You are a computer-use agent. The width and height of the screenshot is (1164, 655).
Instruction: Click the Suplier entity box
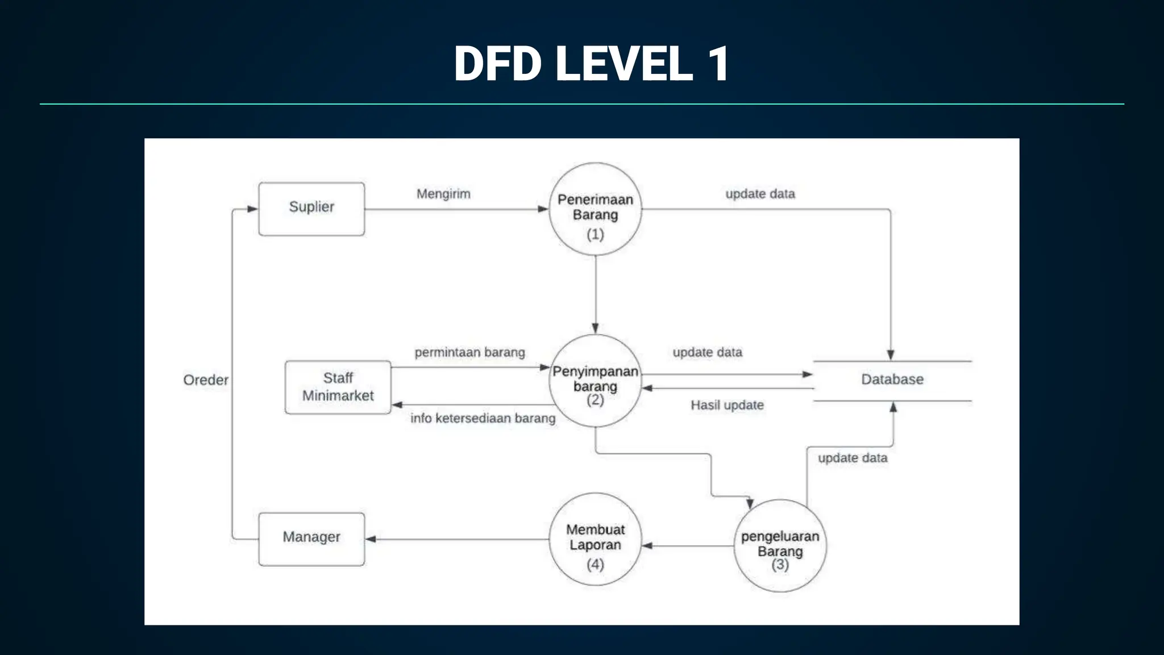pyautogui.click(x=311, y=209)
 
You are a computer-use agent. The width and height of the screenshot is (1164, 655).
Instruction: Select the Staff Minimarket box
pyautogui.click(x=338, y=387)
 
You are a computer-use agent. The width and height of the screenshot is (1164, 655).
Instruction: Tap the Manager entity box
pyautogui.click(x=311, y=538)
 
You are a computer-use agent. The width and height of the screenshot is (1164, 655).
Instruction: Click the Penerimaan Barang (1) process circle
pyautogui.click(x=595, y=209)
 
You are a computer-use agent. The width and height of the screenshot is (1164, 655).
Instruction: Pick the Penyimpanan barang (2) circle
pyautogui.click(x=595, y=381)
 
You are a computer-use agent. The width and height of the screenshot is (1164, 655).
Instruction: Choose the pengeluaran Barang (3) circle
pyautogui.click(x=780, y=546)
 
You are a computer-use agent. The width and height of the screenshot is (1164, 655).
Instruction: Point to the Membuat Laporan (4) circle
pyautogui.click(x=595, y=539)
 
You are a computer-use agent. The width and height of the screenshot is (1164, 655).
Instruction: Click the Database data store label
pyautogui.click(x=892, y=379)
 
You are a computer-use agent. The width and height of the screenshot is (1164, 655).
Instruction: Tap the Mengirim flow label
pyautogui.click(x=443, y=194)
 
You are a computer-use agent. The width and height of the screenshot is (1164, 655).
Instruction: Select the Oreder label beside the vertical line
pyautogui.click(x=206, y=380)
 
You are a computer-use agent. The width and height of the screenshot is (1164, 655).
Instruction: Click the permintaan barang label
pyautogui.click(x=469, y=353)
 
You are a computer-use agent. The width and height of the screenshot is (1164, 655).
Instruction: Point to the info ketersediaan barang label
pyautogui.click(x=483, y=418)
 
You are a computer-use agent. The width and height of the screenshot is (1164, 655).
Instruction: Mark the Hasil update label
pyautogui.click(x=727, y=405)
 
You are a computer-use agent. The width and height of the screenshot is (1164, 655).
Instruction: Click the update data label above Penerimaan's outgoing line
pyautogui.click(x=760, y=194)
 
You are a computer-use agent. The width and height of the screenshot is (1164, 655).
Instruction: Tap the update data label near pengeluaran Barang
pyautogui.click(x=853, y=458)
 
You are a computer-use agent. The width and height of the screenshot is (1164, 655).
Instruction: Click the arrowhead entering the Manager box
pyautogui.click(x=371, y=539)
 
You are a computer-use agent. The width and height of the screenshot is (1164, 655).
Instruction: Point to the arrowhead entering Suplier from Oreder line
pyautogui.click(x=252, y=209)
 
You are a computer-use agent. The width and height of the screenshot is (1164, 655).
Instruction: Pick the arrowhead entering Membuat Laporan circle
pyautogui.click(x=647, y=546)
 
